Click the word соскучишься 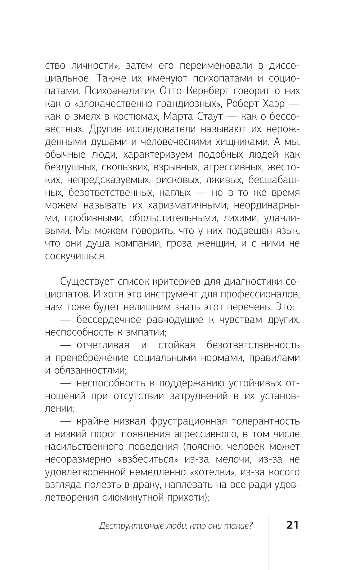(x=75, y=256)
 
